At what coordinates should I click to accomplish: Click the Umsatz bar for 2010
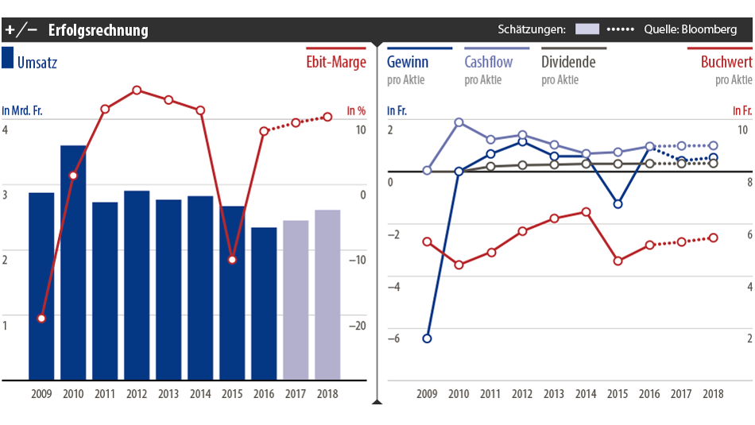pos(73,262)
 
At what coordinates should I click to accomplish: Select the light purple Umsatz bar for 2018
pos(327,295)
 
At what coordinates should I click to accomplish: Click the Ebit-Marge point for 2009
pos(41,319)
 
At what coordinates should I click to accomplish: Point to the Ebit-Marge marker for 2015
pos(232,260)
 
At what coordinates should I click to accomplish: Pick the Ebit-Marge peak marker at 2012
pos(137,91)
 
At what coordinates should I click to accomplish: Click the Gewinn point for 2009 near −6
pos(427,338)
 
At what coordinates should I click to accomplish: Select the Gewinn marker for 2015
pos(618,204)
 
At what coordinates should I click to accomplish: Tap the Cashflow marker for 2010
pos(459,122)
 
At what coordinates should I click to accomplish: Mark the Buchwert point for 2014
pos(586,212)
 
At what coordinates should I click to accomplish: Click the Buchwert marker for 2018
pos(713,238)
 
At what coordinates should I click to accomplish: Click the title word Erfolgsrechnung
pos(98,30)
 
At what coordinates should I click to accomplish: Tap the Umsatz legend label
pos(37,62)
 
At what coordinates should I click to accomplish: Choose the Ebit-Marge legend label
pos(336,62)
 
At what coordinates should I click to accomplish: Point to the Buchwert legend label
pos(726,62)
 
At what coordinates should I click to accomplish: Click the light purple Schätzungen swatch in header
pos(587,29)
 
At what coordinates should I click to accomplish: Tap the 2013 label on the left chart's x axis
pos(168,393)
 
